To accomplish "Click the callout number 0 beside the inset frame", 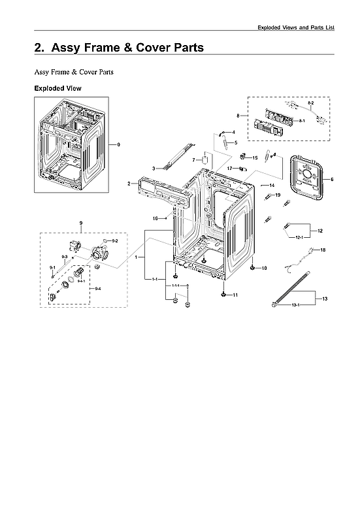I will (x=118, y=144).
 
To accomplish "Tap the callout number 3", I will (x=154, y=169).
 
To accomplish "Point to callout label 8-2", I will (x=311, y=104).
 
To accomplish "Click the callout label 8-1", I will (x=302, y=121).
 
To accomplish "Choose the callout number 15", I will (x=255, y=157).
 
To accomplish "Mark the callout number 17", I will (x=229, y=169).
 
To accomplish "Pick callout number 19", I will (x=278, y=195).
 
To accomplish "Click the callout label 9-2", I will (x=115, y=241).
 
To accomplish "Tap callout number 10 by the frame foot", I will (x=264, y=269).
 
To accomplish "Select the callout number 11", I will (x=235, y=295).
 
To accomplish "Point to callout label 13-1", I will (x=295, y=305).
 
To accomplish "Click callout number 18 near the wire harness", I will (x=322, y=250).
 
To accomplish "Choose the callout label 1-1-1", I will (x=176, y=286).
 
